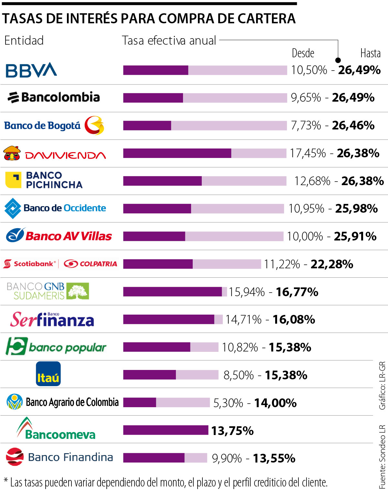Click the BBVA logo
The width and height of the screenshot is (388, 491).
(x=31, y=70)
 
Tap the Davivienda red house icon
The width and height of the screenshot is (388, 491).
(x=12, y=153)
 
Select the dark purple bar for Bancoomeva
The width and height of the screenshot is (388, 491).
(x=166, y=430)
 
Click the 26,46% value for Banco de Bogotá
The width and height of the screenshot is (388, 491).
(x=353, y=125)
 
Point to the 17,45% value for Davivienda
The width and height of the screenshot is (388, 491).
(x=308, y=153)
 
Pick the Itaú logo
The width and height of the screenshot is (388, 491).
(x=48, y=374)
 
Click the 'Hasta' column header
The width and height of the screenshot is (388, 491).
(x=370, y=53)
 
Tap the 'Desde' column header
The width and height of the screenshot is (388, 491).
(x=303, y=53)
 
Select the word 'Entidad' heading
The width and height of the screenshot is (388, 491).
(x=24, y=41)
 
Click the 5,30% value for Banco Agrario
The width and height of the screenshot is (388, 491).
(x=228, y=403)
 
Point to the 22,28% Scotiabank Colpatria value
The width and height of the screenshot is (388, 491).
(x=332, y=264)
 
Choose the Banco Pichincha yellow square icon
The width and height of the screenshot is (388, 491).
(x=13, y=180)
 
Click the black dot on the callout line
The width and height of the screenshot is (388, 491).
(x=338, y=60)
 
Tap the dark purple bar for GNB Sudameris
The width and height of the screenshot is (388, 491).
(x=172, y=292)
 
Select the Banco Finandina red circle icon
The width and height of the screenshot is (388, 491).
(x=15, y=457)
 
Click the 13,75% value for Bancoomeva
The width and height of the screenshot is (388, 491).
(x=232, y=431)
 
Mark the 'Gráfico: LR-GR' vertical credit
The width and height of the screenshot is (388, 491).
(x=382, y=385)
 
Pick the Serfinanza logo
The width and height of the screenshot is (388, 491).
(x=52, y=320)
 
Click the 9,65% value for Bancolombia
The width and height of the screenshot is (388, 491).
(x=306, y=97)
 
